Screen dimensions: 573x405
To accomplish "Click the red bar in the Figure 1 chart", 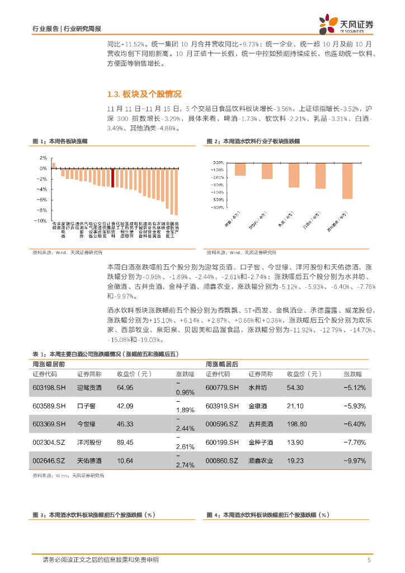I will (113, 177).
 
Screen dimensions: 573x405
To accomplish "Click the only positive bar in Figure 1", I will (54, 165).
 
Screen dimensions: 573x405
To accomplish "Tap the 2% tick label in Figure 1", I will (43, 158).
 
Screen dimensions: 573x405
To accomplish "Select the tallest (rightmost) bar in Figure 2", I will (347, 181).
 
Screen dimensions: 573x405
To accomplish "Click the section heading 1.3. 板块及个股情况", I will (144, 94).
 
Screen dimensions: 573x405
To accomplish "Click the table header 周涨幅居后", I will (222, 364).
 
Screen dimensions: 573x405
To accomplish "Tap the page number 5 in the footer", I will (369, 560).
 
